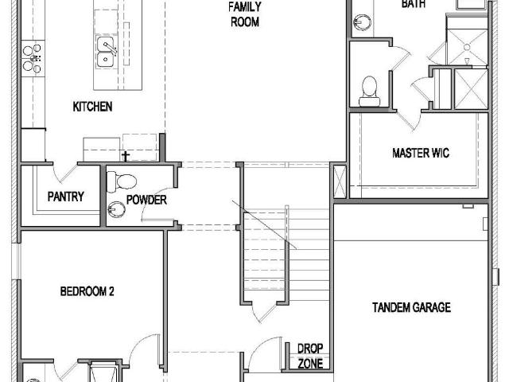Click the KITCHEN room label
tap(92, 107)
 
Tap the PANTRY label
tap(65, 197)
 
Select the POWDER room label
tap(146, 200)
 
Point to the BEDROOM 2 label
tap(87, 291)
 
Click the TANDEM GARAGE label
tap(411, 307)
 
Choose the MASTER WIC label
tap(421, 153)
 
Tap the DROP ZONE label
tap(310, 356)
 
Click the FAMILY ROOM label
tap(245, 14)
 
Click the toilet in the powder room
tap(122, 181)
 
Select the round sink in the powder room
tap(116, 209)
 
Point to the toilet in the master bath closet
tap(369, 91)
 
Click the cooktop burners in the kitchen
tap(33, 58)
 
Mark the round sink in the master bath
tap(363, 22)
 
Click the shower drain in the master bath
tap(467, 48)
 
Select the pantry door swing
tap(65, 173)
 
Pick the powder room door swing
tap(157, 205)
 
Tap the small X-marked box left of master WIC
tap(340, 181)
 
